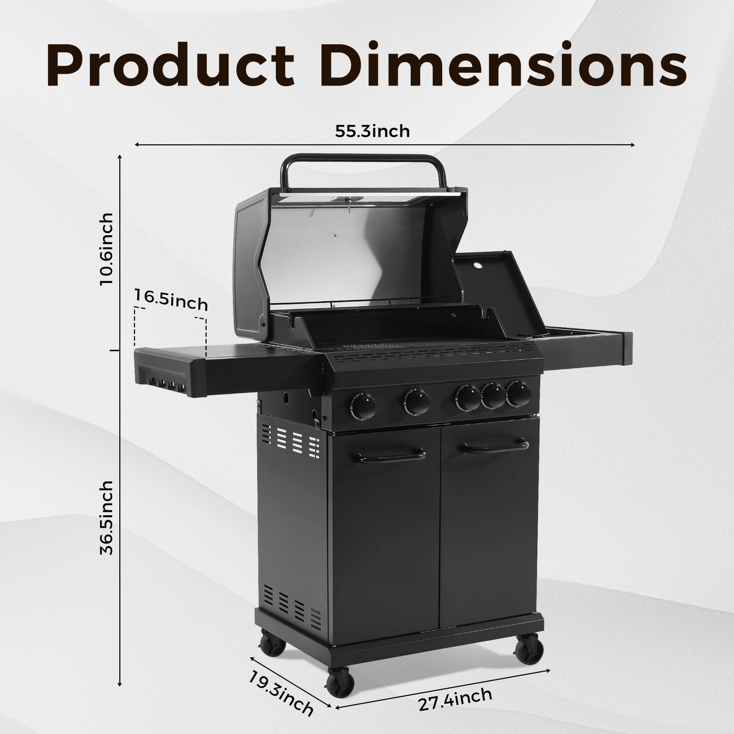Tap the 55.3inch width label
[372, 131]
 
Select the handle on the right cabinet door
[494, 447]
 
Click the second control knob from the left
[417, 402]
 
